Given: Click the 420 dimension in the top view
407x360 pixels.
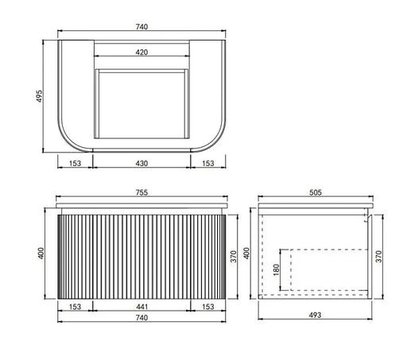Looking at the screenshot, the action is (x=141, y=52).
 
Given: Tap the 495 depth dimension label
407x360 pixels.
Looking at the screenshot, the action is (x=39, y=96).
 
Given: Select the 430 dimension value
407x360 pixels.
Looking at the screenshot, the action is (x=141, y=163).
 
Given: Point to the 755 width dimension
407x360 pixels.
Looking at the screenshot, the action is (x=141, y=192).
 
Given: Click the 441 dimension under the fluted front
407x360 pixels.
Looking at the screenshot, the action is (x=141, y=307).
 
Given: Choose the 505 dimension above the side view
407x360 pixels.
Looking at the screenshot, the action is (x=316, y=192).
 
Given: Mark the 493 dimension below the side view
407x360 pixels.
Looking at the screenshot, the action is (x=315, y=315).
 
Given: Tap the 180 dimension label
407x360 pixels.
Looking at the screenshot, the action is (x=276, y=270).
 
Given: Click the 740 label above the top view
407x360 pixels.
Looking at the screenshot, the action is (x=141, y=27).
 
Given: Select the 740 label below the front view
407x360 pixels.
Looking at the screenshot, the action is (x=141, y=317).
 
